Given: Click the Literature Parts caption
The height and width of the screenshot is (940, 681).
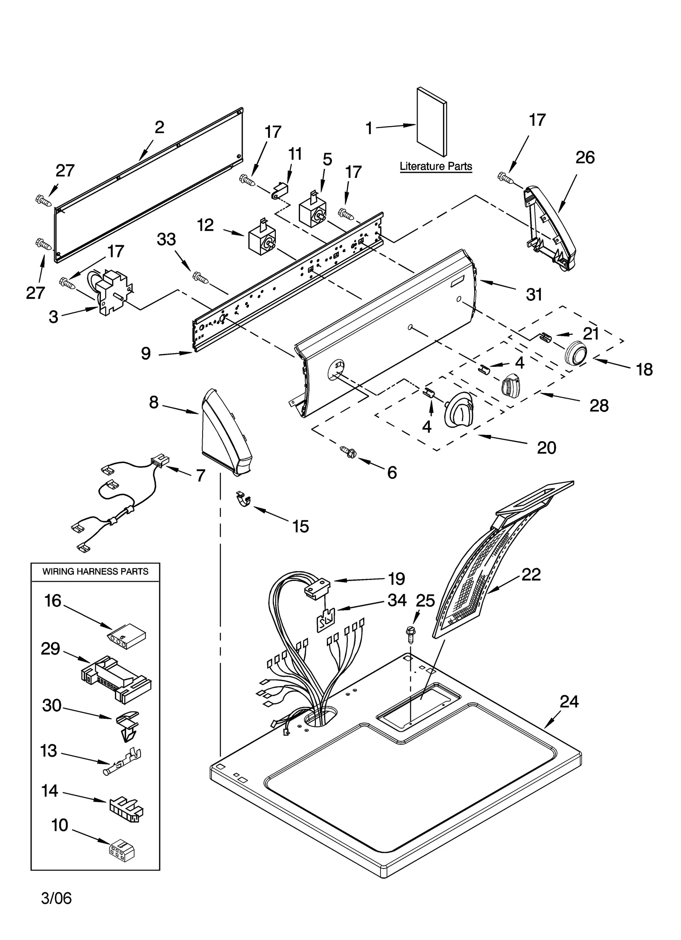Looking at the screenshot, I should (435, 166).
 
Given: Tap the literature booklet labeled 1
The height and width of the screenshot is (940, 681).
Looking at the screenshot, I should (431, 123).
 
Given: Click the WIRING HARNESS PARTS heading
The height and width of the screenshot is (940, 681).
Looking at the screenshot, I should (95, 571).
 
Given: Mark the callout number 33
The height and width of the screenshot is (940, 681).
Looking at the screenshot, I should (166, 239).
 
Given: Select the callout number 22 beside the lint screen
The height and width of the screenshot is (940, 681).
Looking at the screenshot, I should (531, 574).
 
